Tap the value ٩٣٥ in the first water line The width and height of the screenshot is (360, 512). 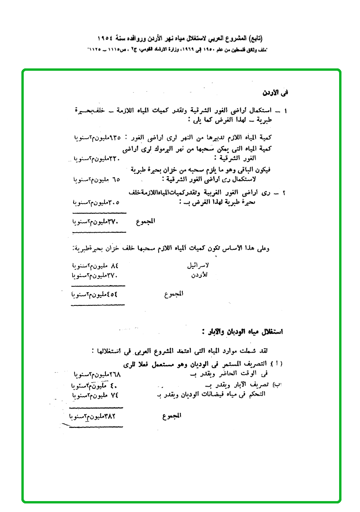[115, 138]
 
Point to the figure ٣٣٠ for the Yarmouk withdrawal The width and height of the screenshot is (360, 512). [115, 158]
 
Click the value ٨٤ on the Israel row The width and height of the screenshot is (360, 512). [113, 265]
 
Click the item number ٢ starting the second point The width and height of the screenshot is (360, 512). [284, 193]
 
